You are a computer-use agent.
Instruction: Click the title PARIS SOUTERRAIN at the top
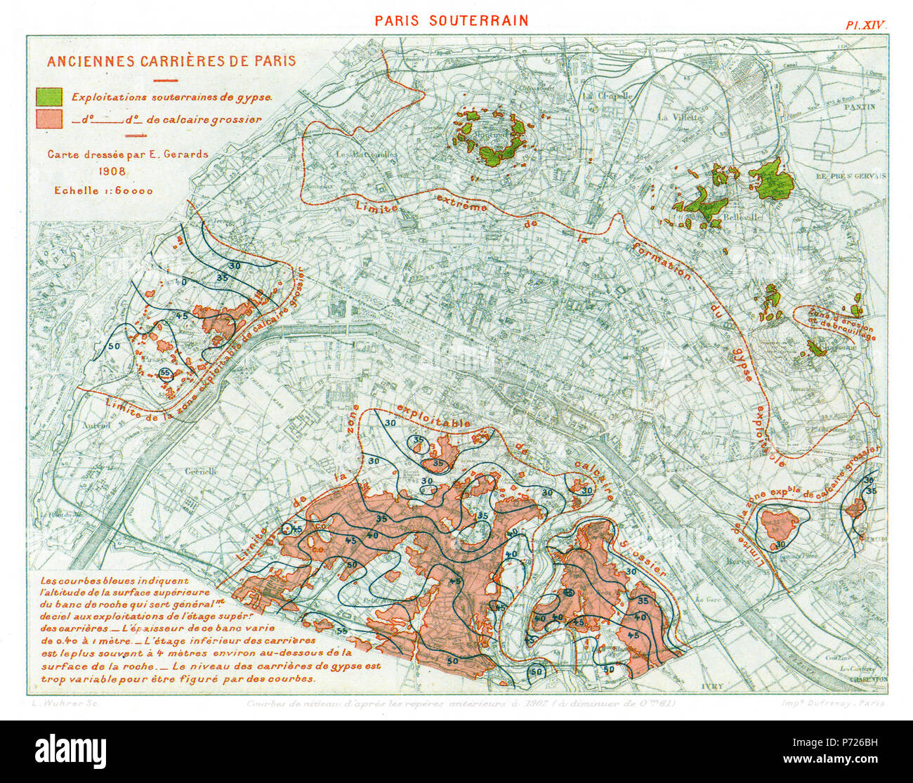tap(451, 20)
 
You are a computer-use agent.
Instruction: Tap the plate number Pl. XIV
tap(866, 25)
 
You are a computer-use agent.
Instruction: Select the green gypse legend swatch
tap(48, 98)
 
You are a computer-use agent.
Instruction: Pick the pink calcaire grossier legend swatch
tap(48, 119)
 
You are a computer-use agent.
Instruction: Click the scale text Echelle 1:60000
tap(103, 190)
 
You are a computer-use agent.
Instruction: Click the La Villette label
tap(680, 117)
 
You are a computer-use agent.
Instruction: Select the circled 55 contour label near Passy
tap(166, 372)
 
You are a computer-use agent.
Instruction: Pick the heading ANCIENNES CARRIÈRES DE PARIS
tap(171, 61)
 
